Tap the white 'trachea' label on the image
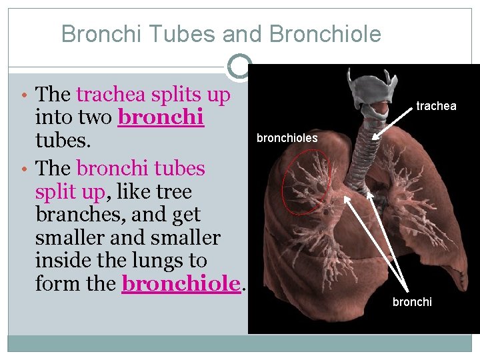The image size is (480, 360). click(x=436, y=106)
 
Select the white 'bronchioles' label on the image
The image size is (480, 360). click(x=287, y=139)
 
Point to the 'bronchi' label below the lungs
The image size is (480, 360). click(x=412, y=302)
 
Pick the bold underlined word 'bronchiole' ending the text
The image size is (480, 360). click(x=181, y=285)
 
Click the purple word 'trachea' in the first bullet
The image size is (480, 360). click(x=111, y=95)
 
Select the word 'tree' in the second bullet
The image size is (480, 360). click(x=174, y=193)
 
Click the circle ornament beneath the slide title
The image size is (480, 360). click(x=239, y=66)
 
